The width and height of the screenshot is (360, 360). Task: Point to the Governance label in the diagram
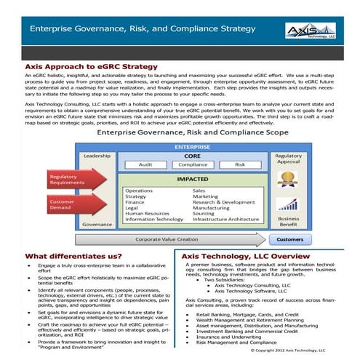pyautogui.click(x=97, y=225)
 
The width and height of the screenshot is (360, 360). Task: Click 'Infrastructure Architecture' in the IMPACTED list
pyautogui.click(x=226, y=219)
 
